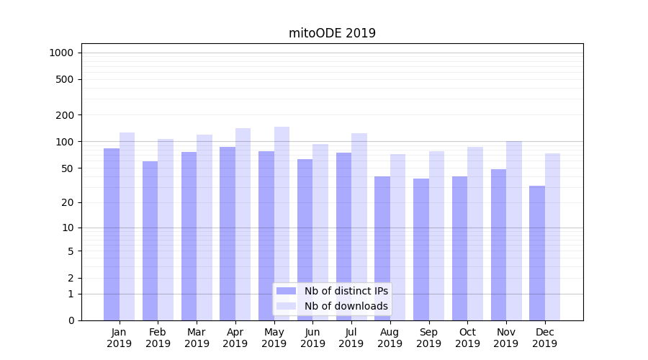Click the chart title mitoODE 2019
[332, 33]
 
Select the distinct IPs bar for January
[112, 234]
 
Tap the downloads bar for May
[282, 223]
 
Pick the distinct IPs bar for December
[537, 253]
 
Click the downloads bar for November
[514, 230]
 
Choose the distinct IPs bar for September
[421, 249]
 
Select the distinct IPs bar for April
[228, 233]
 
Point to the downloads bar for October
[475, 233]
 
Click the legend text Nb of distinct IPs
[346, 291]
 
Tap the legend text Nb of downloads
[346, 306]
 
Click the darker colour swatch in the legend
[287, 291]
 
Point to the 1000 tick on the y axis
[61, 53]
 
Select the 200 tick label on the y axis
[65, 115]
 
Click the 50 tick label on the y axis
[67, 168]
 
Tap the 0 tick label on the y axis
[71, 320]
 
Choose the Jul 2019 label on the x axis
[351, 338]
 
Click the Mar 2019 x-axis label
[197, 338]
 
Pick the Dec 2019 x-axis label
[544, 338]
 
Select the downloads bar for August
[398, 237]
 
